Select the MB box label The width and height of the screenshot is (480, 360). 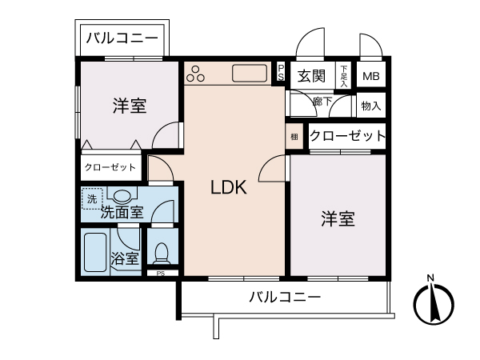[370, 77]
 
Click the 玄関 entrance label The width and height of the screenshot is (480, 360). [312, 77]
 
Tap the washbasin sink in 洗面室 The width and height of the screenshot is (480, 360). [122, 194]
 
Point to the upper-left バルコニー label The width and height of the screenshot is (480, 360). [122, 38]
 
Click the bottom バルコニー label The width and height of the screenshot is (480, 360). [285, 297]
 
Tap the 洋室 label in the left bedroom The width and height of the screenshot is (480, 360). [129, 105]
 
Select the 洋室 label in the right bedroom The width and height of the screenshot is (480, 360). [338, 218]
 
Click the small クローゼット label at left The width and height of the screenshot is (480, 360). [110, 168]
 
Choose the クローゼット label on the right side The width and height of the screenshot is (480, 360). [347, 136]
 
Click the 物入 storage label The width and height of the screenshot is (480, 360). [370, 105]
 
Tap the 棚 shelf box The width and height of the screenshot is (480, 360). [294, 136]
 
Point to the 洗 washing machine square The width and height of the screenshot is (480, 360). [92, 198]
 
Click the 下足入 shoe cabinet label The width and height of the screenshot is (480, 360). [343, 76]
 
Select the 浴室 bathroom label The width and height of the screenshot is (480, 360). [125, 259]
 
